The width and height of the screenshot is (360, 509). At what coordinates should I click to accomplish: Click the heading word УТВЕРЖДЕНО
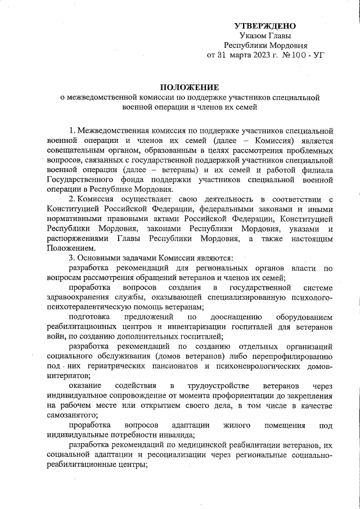[x=265, y=26]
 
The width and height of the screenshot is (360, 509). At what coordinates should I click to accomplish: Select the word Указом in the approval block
[x=251, y=36]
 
